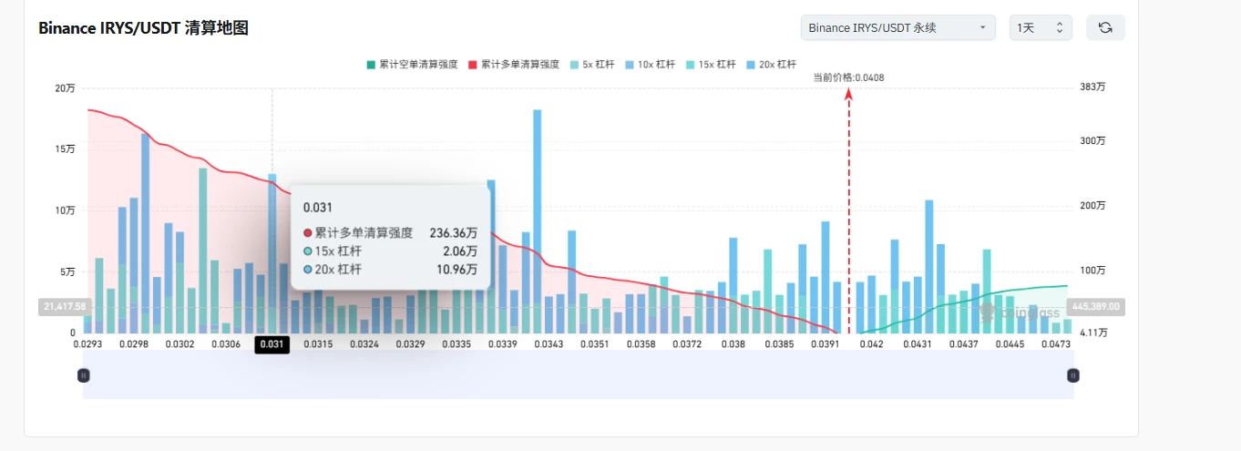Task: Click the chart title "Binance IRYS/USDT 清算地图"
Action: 143,27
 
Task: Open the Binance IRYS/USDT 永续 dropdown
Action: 898,27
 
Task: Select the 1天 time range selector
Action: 1041,27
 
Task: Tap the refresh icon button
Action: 1105,27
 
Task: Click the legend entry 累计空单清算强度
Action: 412,65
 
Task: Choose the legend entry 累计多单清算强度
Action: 514,65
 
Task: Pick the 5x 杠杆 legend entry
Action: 592,65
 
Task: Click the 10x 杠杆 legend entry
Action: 650,65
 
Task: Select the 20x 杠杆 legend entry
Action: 771,65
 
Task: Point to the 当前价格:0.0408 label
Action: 848,77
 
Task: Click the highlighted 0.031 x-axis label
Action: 272,344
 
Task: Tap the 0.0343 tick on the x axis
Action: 549,344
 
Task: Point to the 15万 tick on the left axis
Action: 65,149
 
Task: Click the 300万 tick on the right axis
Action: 1092,140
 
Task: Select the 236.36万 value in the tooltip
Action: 453,232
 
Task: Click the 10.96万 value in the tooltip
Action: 456,270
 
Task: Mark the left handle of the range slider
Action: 83,375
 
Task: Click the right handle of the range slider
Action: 1073,375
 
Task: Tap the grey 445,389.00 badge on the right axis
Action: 1095,306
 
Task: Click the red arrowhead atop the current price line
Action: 848,94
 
